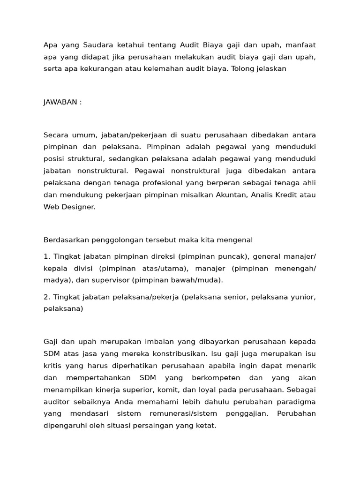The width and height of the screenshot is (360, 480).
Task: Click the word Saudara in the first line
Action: tap(97, 45)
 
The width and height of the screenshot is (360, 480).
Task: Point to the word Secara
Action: tap(55, 135)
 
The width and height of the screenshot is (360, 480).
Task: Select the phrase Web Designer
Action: tap(69, 206)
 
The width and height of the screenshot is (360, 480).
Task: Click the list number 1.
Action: tap(46, 257)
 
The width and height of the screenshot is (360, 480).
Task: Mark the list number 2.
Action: tap(46, 297)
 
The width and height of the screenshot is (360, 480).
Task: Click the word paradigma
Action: tap(294, 401)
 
